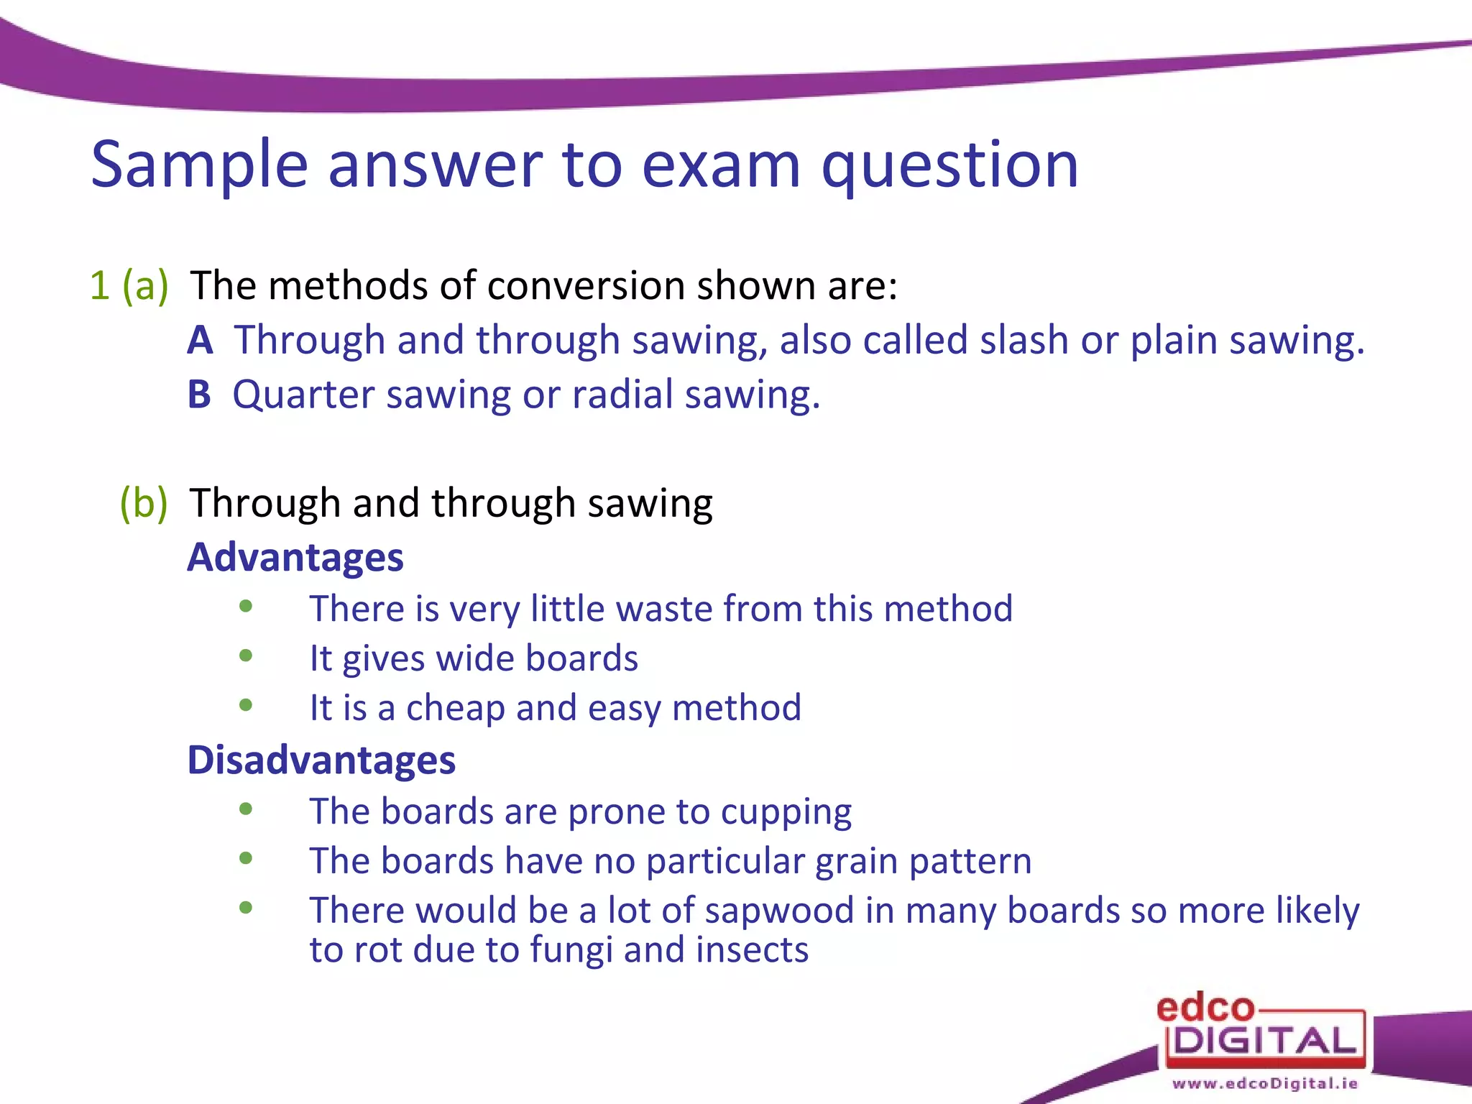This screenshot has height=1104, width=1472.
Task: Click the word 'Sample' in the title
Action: pyautogui.click(x=199, y=165)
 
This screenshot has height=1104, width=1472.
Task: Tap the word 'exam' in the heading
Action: pyautogui.click(x=720, y=165)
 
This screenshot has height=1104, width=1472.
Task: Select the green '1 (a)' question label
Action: pyautogui.click(x=129, y=285)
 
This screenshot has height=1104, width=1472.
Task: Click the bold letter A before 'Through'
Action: pyautogui.click(x=200, y=340)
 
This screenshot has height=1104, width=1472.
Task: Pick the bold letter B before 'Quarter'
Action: pyautogui.click(x=199, y=395)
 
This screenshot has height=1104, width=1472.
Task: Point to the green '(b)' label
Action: pyautogui.click(x=143, y=502)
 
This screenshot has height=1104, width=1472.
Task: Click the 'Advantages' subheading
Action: pyautogui.click(x=295, y=557)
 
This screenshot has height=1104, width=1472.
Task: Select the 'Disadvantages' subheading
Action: pyautogui.click(x=321, y=760)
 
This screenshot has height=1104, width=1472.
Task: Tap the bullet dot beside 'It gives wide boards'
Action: pyautogui.click(x=246, y=655)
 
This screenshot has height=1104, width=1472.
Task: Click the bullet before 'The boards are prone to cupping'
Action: pyautogui.click(x=246, y=809)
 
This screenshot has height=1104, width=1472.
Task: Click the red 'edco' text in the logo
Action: pyautogui.click(x=1205, y=1008)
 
